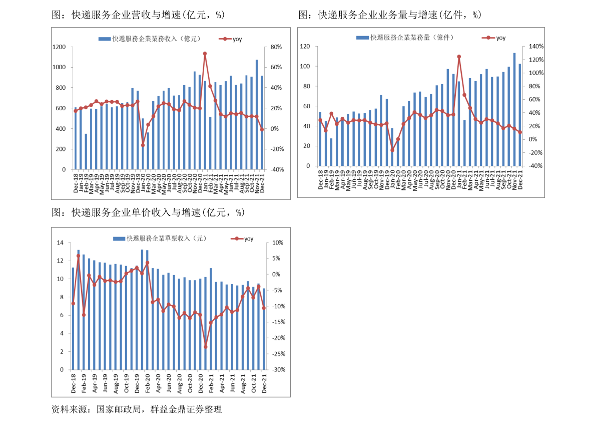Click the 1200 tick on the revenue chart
(x=59, y=47)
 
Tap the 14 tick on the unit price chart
(x=60, y=243)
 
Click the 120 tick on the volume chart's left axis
(x=305, y=47)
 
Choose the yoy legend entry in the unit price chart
(x=242, y=239)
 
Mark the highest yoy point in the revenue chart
(x=205, y=54)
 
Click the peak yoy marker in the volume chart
(x=459, y=57)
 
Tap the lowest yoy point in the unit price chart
(x=206, y=347)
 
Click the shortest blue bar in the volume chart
(x=331, y=152)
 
